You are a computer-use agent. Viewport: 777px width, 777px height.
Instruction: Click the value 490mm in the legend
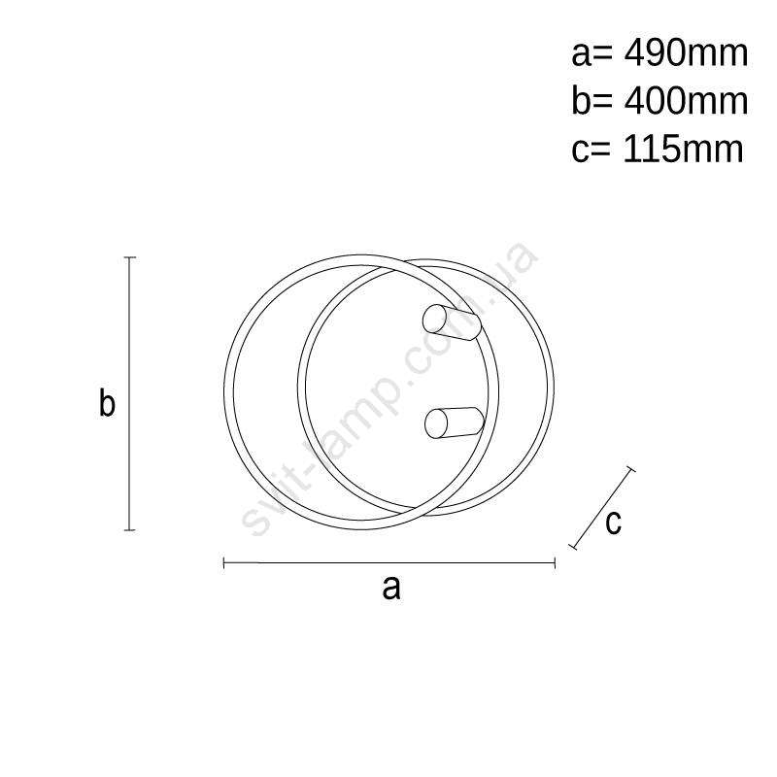(x=686, y=53)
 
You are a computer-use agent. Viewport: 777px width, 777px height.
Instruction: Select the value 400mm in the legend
(x=686, y=102)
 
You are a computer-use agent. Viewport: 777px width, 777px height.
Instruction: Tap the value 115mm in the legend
(x=684, y=150)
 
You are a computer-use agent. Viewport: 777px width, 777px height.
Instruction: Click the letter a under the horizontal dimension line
(x=391, y=589)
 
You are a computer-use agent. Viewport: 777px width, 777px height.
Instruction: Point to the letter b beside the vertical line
(x=107, y=402)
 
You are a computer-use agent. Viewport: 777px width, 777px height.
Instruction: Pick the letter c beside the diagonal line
(x=614, y=523)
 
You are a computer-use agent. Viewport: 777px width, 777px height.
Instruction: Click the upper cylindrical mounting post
(x=452, y=322)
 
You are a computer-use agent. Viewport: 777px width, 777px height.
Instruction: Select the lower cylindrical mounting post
(x=455, y=422)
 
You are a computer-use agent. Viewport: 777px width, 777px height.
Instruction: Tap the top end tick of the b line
(x=130, y=257)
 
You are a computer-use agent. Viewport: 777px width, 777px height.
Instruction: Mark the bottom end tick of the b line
(x=130, y=529)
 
